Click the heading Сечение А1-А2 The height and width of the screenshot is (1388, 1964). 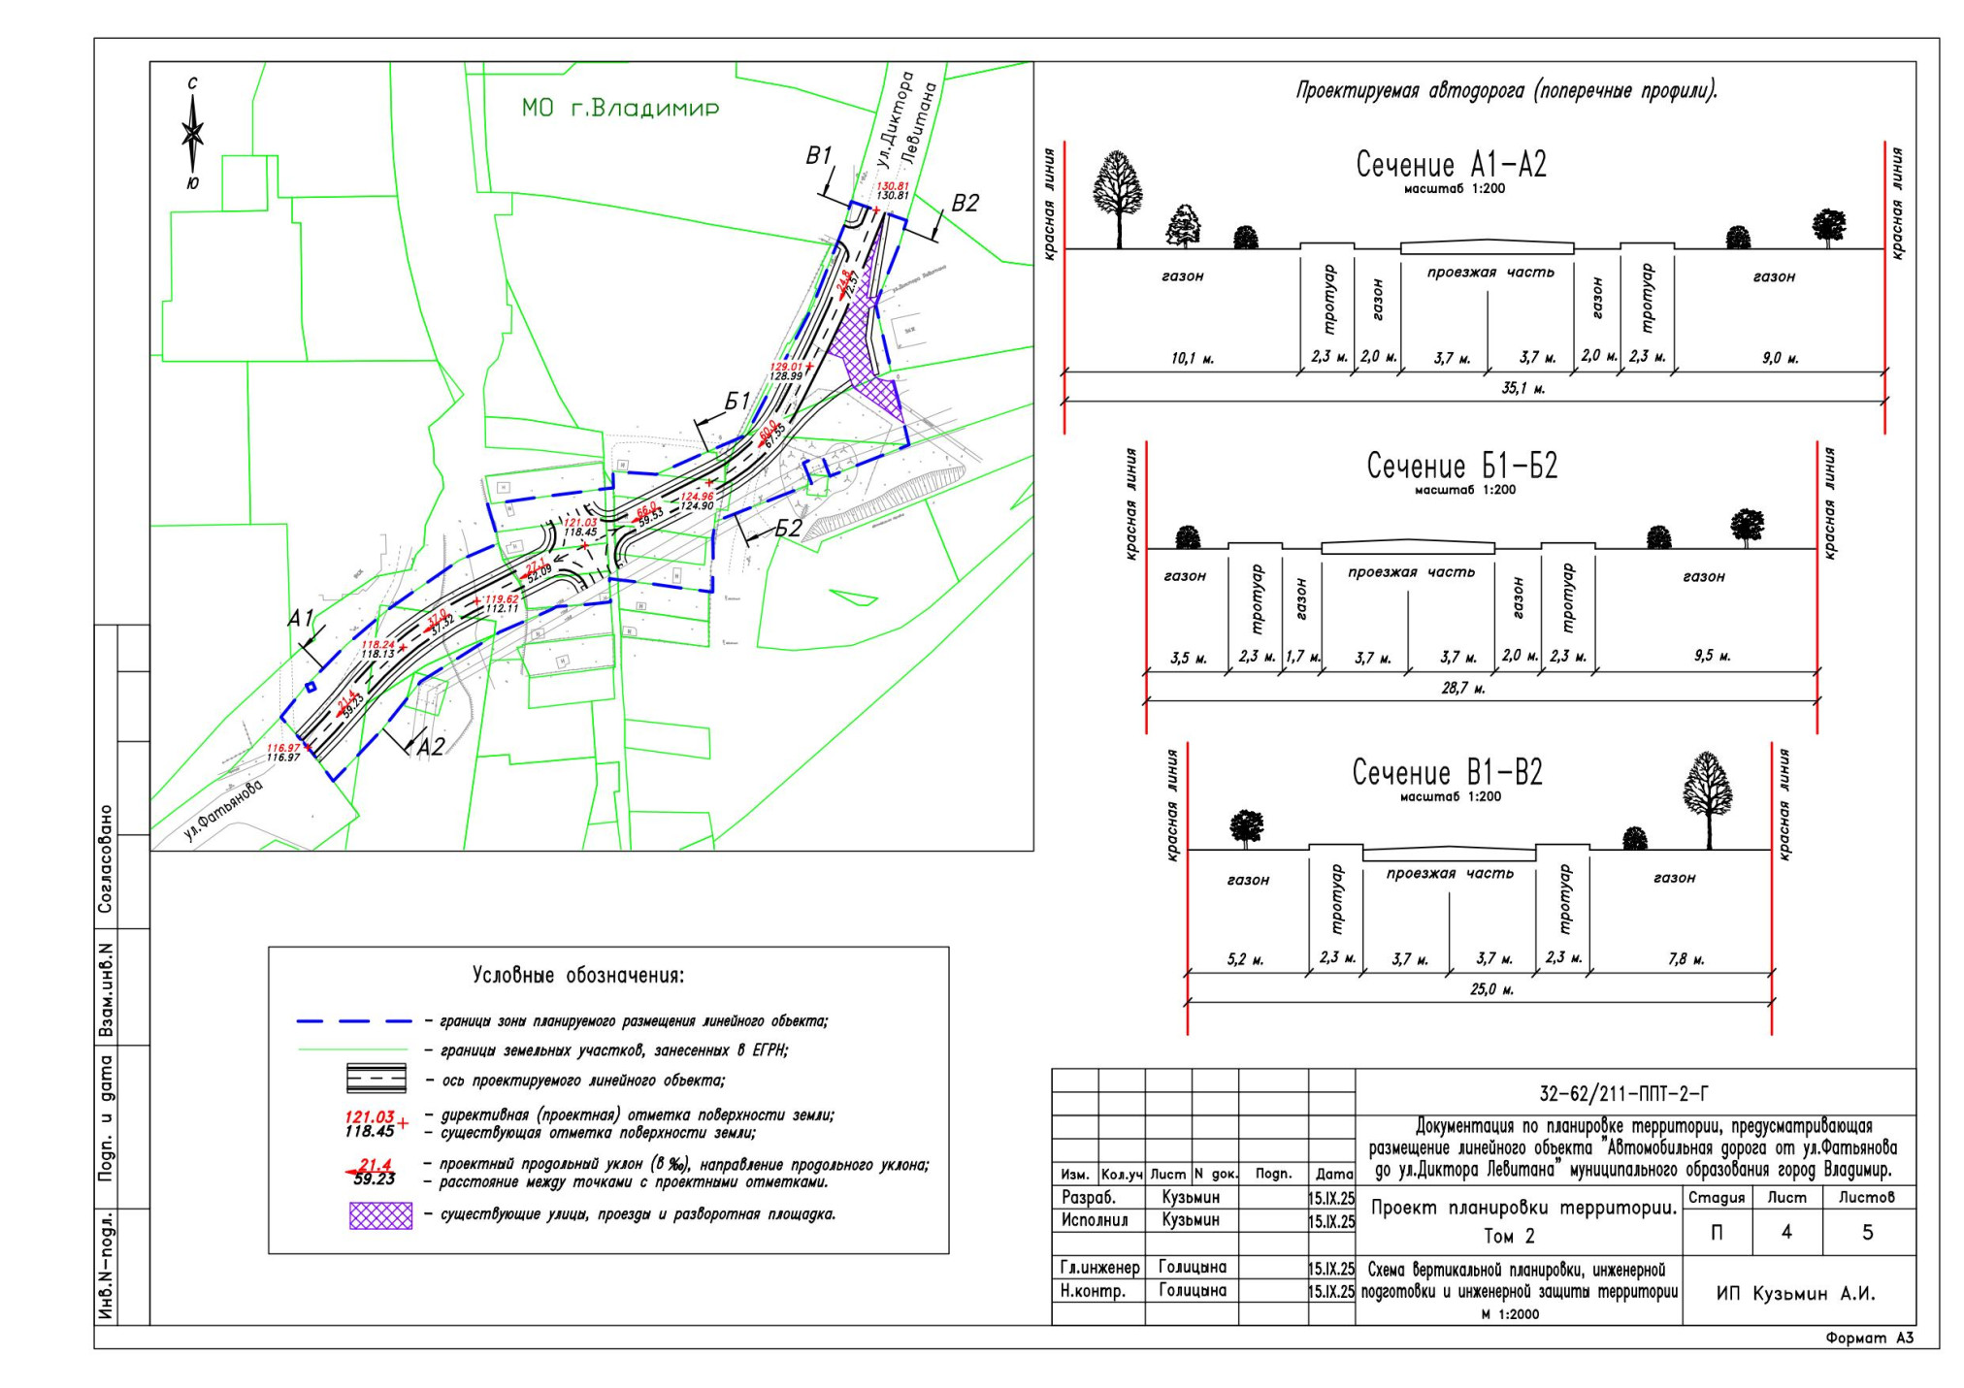(x=1451, y=165)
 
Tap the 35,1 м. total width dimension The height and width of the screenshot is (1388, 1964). (x=1522, y=389)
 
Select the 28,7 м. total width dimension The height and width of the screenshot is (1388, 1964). (x=1463, y=689)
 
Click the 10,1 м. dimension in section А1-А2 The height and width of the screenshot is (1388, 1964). (x=1192, y=359)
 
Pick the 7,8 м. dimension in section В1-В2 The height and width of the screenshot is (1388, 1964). (x=1686, y=960)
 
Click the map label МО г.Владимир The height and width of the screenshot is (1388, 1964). (x=620, y=108)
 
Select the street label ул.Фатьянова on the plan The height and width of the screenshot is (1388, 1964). (x=223, y=810)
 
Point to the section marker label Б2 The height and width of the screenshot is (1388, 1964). (x=788, y=529)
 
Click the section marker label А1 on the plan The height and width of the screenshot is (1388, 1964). (x=301, y=619)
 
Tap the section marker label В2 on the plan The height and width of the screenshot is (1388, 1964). (x=965, y=204)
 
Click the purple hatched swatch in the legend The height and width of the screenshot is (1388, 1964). (x=380, y=1215)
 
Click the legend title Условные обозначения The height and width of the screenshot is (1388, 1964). (x=578, y=976)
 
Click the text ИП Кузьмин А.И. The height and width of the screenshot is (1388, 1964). (x=1795, y=1294)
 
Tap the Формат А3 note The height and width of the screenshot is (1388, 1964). (x=1870, y=1339)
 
